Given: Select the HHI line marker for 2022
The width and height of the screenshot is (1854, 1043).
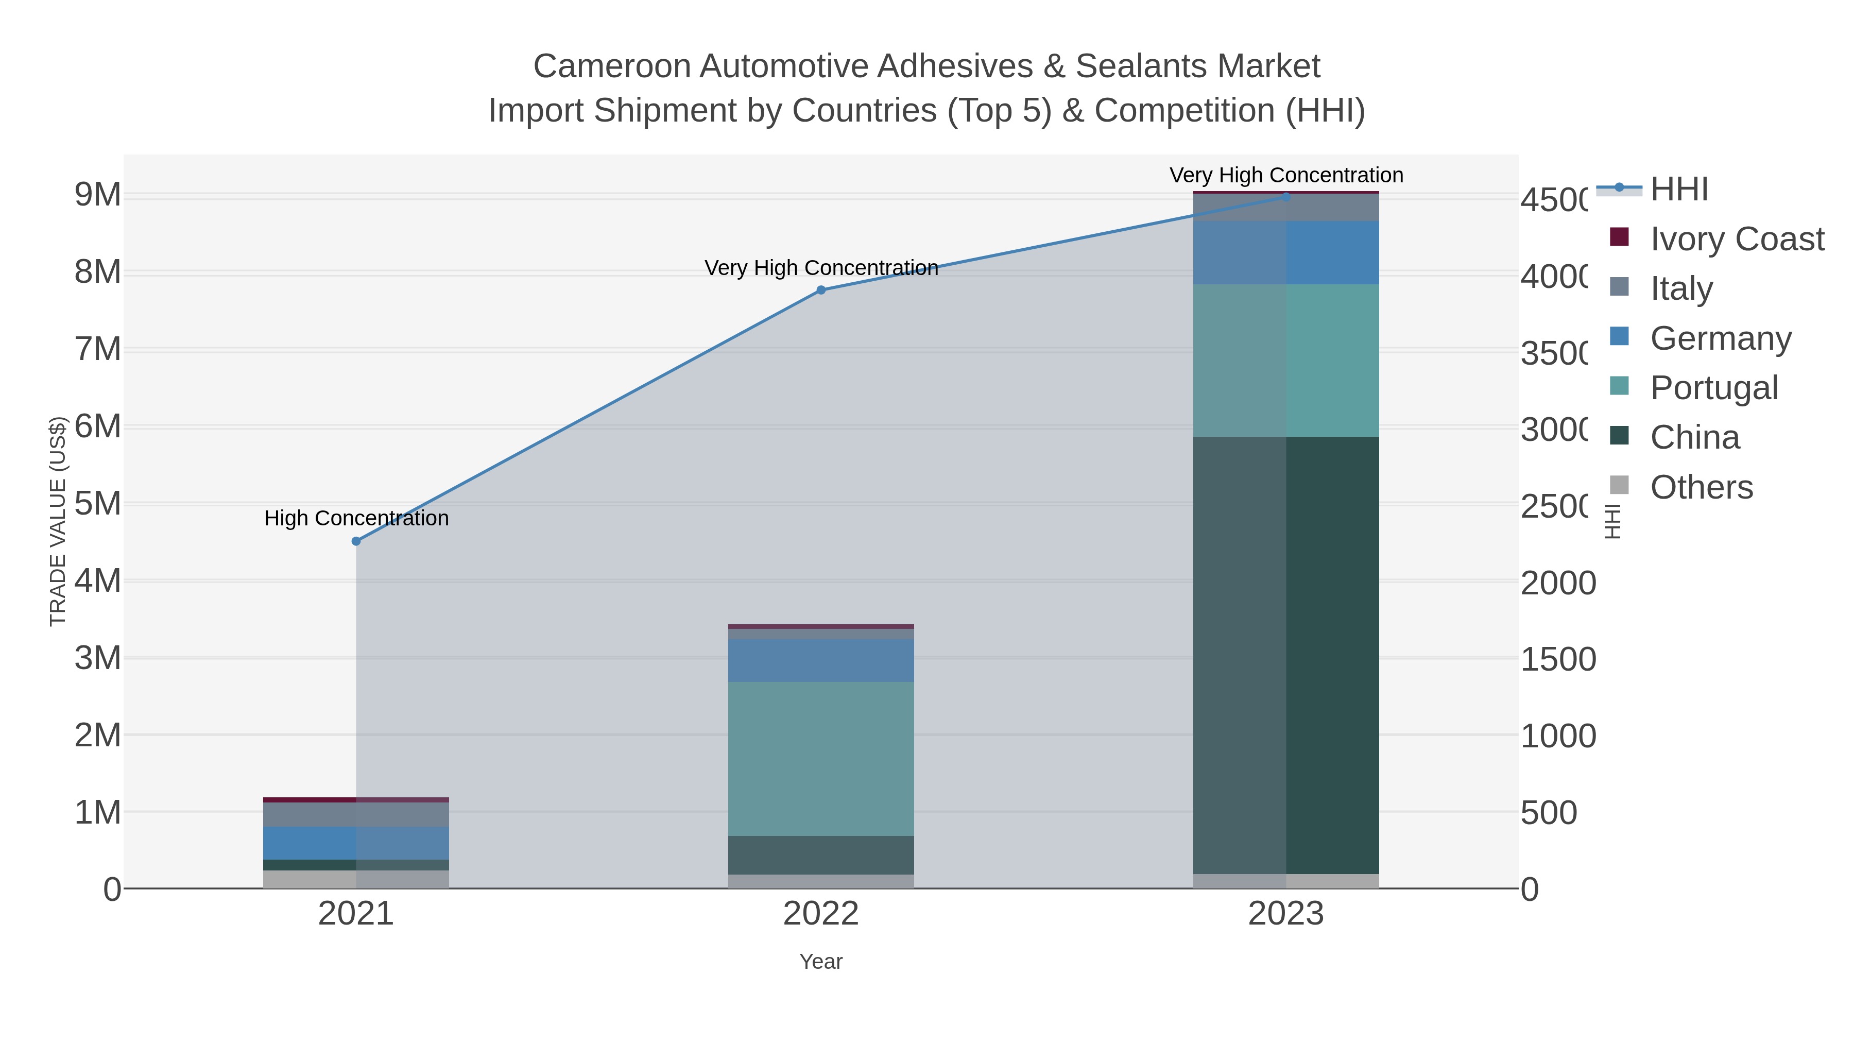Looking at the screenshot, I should click(x=821, y=290).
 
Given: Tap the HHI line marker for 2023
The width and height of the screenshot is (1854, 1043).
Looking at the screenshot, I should click(x=1286, y=197).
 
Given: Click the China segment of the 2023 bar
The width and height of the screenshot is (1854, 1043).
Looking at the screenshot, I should click(x=1286, y=655).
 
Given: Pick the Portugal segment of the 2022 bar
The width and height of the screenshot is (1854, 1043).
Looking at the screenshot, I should click(x=821, y=759).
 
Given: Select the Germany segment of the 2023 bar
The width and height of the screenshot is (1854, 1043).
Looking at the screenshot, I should click(x=1286, y=253).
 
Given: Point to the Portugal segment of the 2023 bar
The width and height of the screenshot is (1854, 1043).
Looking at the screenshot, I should click(x=1286, y=360).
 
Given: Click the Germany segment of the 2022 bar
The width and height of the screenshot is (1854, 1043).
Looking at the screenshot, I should click(x=821, y=660).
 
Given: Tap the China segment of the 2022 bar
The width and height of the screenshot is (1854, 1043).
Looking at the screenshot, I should click(x=821, y=855).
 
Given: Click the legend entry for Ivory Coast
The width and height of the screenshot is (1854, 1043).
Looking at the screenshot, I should click(x=1736, y=239).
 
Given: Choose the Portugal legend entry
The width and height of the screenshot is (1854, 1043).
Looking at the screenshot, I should click(x=1713, y=388).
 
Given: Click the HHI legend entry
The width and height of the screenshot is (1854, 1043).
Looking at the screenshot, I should click(x=1678, y=190).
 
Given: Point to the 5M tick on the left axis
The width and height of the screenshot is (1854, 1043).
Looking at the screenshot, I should click(x=98, y=504).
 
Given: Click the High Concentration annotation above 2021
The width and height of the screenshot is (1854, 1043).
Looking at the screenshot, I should click(x=356, y=518).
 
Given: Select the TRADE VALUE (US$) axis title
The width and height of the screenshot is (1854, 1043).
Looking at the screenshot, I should click(x=58, y=521).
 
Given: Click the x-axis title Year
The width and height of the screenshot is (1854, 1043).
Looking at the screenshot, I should click(x=821, y=962).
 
